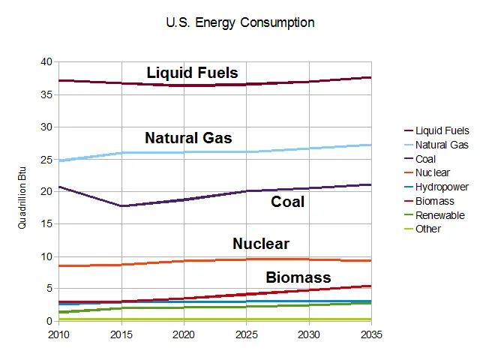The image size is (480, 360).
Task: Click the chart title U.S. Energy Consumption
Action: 240,22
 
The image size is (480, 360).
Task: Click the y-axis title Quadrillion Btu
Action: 22,191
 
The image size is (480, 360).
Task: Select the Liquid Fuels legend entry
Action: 442,130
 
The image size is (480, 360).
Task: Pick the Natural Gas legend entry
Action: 442,145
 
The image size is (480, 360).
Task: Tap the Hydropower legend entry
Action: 442,187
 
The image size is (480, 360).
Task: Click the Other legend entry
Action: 428,229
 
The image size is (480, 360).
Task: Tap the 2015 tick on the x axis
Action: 121,334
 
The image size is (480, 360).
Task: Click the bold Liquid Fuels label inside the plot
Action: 192,73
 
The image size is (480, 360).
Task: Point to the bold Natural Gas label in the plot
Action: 188,138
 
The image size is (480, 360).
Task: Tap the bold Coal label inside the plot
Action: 287,202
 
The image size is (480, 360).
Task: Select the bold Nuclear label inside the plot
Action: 260,244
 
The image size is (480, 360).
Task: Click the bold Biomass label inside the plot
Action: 298,277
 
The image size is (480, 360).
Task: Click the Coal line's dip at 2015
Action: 121,205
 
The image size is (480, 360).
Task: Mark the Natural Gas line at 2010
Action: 59,160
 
